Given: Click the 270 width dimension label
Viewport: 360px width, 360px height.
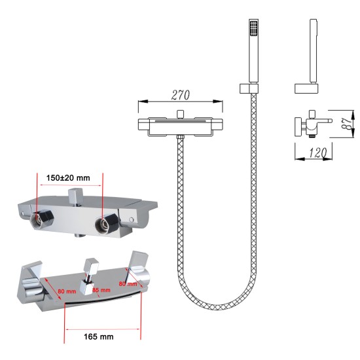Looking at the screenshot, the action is [181, 96].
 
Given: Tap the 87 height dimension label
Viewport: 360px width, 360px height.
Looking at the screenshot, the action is [347, 124].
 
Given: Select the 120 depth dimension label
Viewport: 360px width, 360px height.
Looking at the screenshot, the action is [317, 153].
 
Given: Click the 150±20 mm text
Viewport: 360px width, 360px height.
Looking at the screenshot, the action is [68, 178].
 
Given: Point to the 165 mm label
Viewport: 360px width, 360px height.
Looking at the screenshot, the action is [98, 337].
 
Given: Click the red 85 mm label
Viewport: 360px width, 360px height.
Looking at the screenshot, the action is [101, 290].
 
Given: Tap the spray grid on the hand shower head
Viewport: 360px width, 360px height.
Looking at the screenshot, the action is [253, 28].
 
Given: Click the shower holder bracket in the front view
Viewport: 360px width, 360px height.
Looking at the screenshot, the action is [249, 88].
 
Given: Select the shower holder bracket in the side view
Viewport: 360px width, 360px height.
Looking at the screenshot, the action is [306, 88].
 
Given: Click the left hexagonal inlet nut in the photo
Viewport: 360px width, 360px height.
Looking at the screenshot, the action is [42, 219].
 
